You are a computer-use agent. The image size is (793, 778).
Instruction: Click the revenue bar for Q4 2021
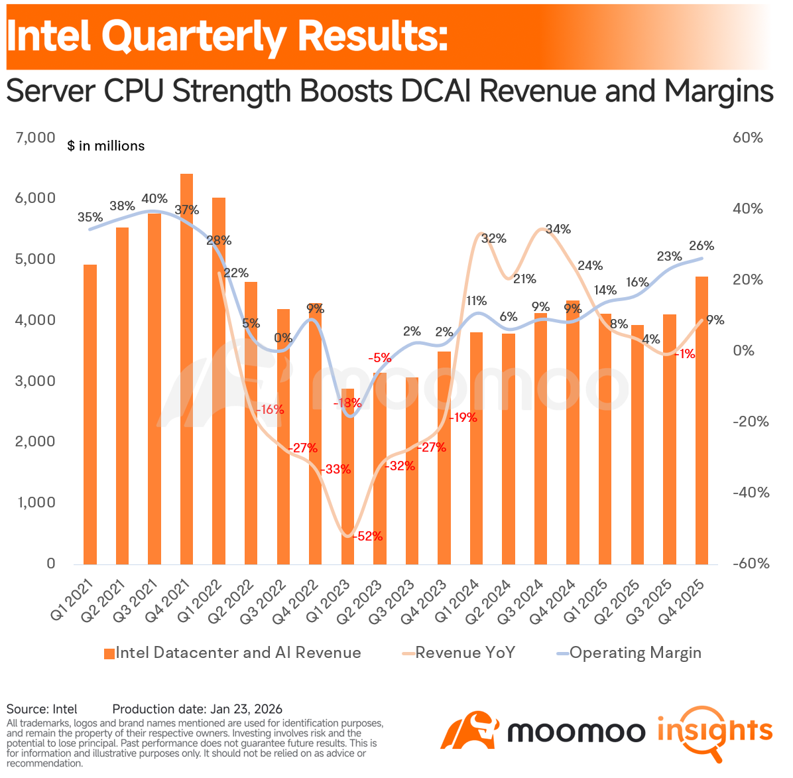point(186,369)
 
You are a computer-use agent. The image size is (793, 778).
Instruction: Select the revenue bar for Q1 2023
point(347,476)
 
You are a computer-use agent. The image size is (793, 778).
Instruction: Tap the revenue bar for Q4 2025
point(701,421)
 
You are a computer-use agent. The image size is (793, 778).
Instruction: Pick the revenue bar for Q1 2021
point(90,415)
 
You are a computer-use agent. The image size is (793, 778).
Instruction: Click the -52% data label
point(368,536)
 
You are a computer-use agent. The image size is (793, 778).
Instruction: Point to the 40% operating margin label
point(154,199)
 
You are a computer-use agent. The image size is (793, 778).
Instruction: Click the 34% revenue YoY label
point(558,229)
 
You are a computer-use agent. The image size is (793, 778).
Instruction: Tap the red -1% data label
point(686,354)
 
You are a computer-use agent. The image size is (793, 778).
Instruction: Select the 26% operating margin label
point(701,246)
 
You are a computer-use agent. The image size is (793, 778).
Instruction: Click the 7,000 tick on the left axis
point(35,137)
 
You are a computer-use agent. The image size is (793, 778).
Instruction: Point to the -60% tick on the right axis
point(751,564)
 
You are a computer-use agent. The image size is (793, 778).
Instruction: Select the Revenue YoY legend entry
point(459,653)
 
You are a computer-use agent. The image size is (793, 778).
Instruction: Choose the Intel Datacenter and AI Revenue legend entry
point(233,653)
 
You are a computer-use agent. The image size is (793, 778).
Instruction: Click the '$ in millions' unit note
point(105,146)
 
